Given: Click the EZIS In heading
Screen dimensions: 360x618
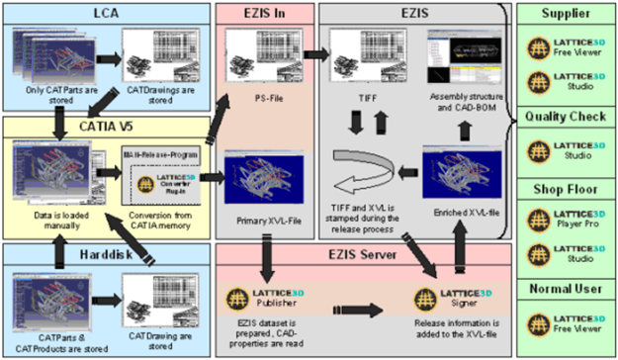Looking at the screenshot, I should click(x=265, y=13).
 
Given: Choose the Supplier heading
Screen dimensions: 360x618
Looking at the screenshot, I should click(x=567, y=13).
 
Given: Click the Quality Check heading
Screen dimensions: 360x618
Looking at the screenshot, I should click(x=567, y=112).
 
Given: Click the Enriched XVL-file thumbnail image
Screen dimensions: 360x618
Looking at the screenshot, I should click(x=453, y=173).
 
